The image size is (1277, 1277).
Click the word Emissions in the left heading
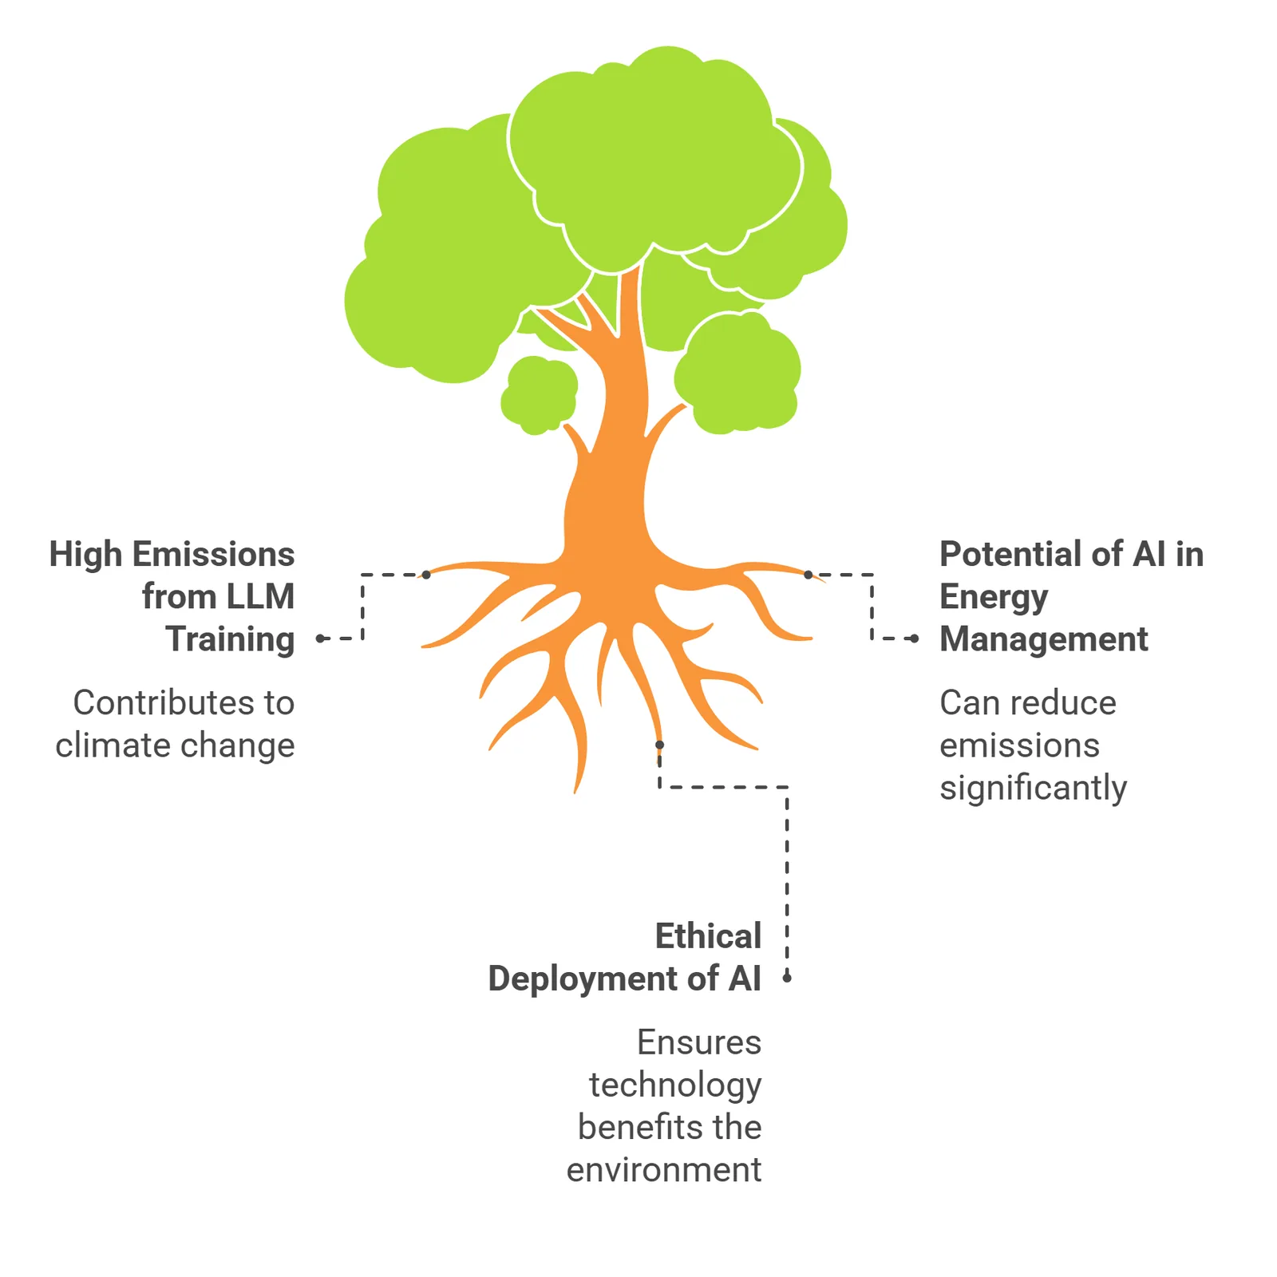coord(214,554)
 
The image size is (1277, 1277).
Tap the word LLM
coord(260,596)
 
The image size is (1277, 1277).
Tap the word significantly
coord(1034,789)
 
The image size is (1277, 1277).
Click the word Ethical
coord(709,935)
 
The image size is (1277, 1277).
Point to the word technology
coord(675,1085)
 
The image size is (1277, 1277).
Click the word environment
coord(664,1170)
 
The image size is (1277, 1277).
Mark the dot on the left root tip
coord(426,575)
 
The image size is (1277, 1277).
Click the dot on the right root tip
coord(808,575)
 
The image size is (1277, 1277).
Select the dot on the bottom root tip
coord(659,745)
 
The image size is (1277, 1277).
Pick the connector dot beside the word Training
coord(320,638)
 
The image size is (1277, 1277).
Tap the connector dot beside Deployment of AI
coord(787,978)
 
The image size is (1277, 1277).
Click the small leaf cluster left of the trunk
coord(539,395)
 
